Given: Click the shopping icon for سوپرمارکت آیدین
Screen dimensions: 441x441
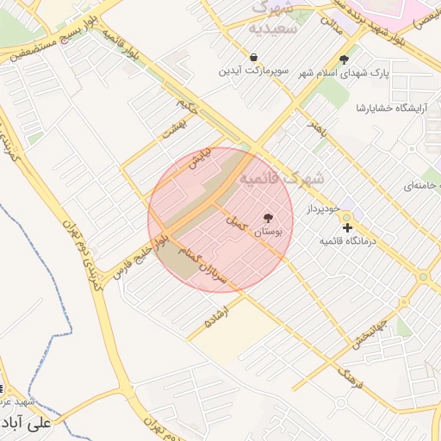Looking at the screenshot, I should [254, 58].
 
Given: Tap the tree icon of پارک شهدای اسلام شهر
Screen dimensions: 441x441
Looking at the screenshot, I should [345, 59].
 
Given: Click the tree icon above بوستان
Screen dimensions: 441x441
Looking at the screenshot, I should [268, 218].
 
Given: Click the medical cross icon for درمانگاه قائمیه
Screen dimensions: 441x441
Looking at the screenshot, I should [347, 228].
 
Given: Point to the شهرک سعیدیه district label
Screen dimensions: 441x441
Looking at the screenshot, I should [272, 19].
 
